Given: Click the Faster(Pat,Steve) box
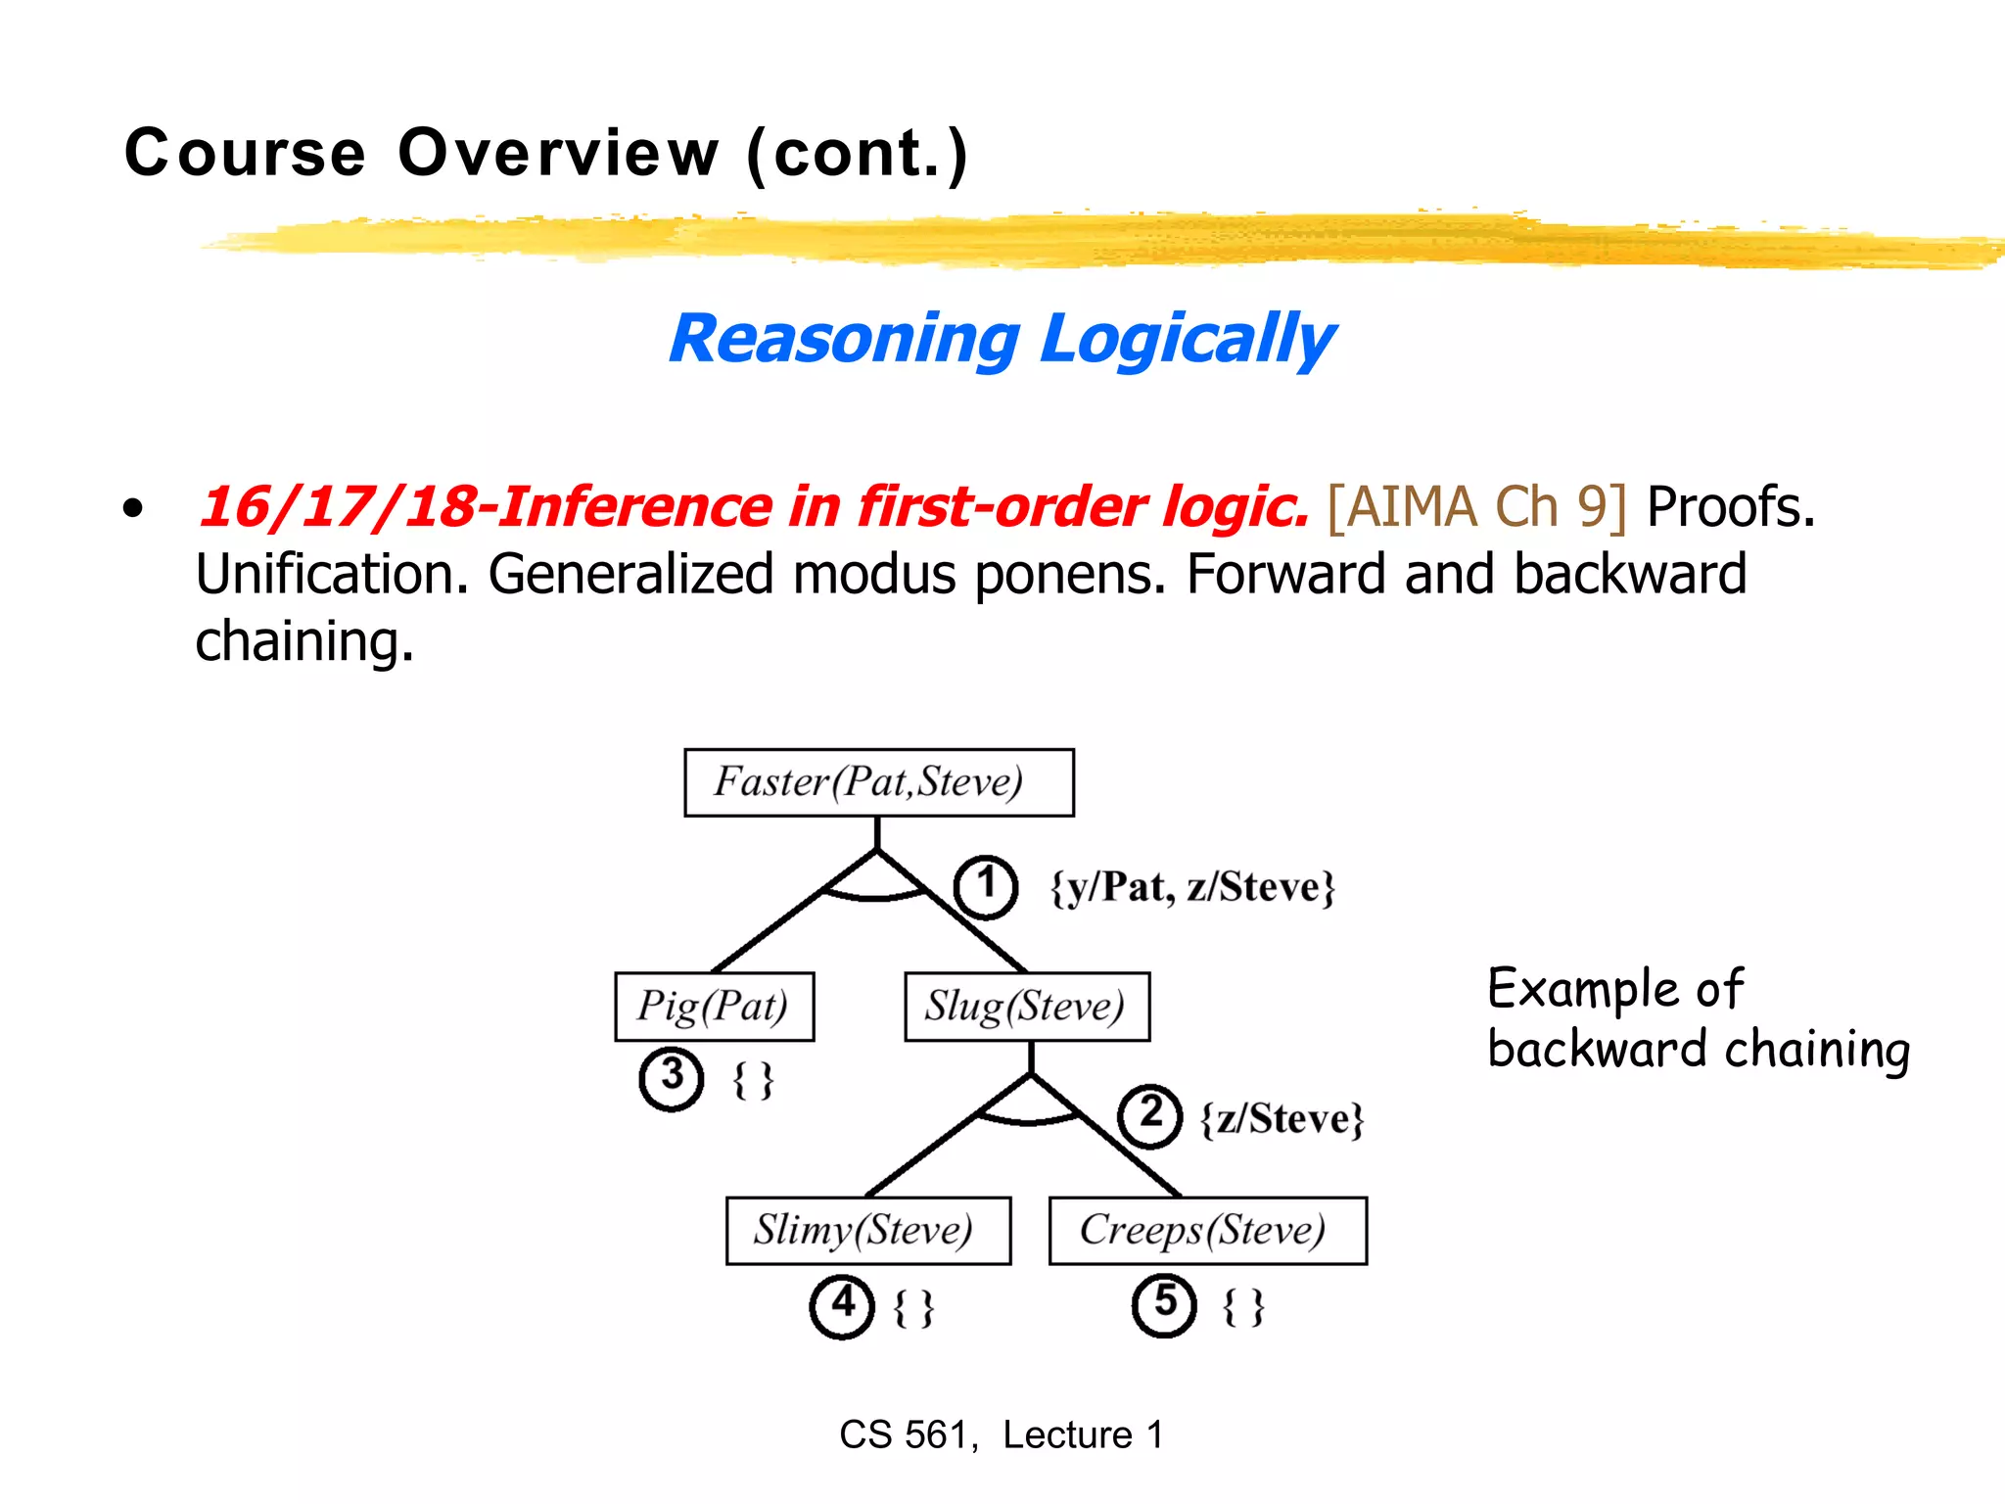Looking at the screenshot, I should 878,782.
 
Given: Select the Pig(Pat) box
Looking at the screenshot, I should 714,1007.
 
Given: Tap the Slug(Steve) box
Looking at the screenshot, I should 1026,1007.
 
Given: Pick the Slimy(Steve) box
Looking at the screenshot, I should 867,1231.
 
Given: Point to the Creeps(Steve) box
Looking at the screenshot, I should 1207,1231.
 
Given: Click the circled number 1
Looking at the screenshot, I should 986,886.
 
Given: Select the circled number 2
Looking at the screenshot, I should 1150,1115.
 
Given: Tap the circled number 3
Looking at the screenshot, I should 672,1078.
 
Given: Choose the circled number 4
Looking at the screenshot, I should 842,1305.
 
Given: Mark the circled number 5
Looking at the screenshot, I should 1164,1304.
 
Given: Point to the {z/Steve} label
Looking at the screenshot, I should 1282,1119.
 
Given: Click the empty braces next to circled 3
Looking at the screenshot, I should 753,1081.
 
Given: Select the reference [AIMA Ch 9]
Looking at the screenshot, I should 1476,507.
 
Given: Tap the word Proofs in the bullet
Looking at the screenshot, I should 1730,507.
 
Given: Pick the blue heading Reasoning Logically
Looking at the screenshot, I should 1001,339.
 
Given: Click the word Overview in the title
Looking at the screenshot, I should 558,154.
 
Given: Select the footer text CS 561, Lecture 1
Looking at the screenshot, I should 1001,1435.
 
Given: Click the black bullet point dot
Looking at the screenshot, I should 133,509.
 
